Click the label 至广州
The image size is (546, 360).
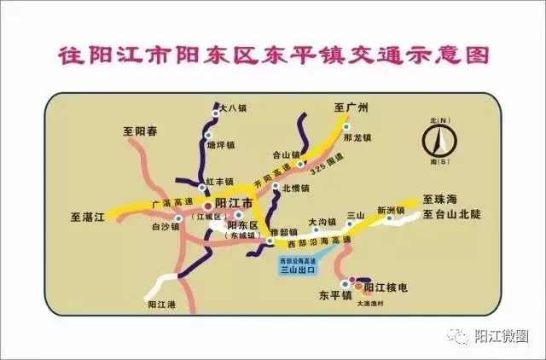(x=350, y=107)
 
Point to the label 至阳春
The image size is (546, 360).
(x=140, y=131)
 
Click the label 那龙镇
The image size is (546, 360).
(x=356, y=136)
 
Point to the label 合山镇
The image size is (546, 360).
(x=285, y=155)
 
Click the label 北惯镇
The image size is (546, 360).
(x=296, y=188)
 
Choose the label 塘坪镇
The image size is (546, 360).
(x=221, y=144)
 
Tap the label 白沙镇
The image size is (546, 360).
(x=165, y=227)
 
